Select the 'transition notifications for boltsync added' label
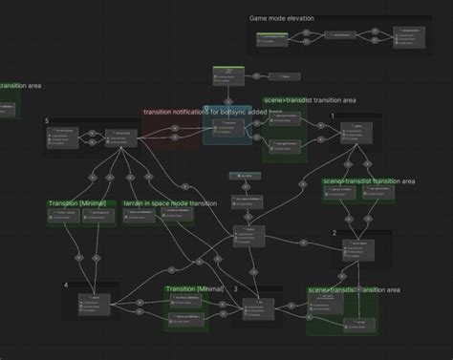205,112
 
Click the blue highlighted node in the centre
227,125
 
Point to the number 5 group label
46,121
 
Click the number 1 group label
333,116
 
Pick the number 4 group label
66,286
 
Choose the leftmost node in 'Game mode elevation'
274,39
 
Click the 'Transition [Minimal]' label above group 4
81,203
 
